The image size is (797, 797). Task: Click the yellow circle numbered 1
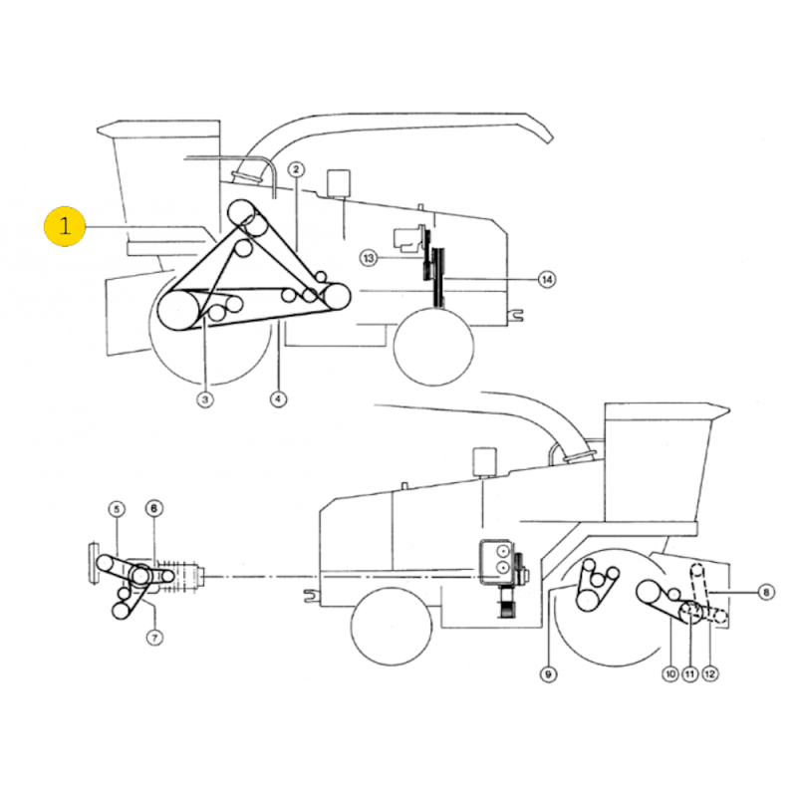pos(65,226)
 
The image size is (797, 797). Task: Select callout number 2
pos(296,169)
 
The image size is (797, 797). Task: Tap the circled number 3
pos(205,399)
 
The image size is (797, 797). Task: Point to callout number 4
pos(278,399)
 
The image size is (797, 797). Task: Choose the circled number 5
pos(117,509)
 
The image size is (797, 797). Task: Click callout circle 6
pos(154,508)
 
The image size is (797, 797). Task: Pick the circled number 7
pos(154,637)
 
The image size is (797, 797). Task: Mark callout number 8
pos(766,592)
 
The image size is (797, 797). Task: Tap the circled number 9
pos(548,674)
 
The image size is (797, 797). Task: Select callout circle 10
pos(670,674)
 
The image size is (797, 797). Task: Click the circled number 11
pos(689,674)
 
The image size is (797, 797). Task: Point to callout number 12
pos(710,674)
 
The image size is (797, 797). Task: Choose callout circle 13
pos(369,258)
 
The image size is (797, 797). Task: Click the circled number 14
pos(547,279)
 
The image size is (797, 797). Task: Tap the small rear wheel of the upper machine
pos(434,346)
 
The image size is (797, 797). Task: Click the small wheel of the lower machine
pos(392,625)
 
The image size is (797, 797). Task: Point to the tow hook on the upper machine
pos(516,315)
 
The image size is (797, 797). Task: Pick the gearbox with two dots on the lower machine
pos(496,561)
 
